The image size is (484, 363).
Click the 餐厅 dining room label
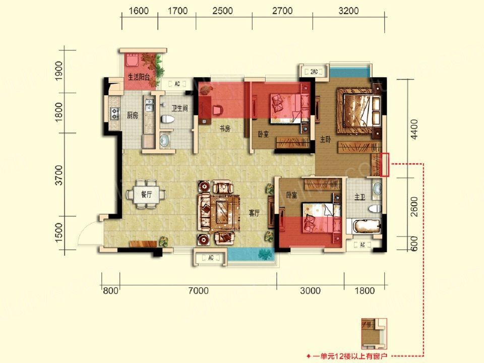(x=147, y=195)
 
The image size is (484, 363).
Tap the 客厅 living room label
(x=254, y=213)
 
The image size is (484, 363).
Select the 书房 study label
(x=225, y=129)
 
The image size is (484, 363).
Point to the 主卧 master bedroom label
(x=325, y=140)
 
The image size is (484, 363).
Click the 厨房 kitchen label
(x=133, y=115)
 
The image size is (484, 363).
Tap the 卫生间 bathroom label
(x=179, y=108)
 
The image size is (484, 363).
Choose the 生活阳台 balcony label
(x=139, y=77)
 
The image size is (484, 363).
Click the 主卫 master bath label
(x=360, y=197)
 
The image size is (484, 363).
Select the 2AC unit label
(x=314, y=72)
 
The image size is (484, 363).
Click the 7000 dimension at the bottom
(x=199, y=290)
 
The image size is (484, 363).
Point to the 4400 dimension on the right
(x=414, y=129)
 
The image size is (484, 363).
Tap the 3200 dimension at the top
(x=348, y=11)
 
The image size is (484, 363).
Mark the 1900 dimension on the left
(x=58, y=71)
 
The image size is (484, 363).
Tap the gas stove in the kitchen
(x=115, y=113)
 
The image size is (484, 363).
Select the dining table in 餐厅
(x=146, y=195)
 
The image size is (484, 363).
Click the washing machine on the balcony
(x=132, y=59)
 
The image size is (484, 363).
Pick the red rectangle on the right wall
(x=385, y=165)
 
